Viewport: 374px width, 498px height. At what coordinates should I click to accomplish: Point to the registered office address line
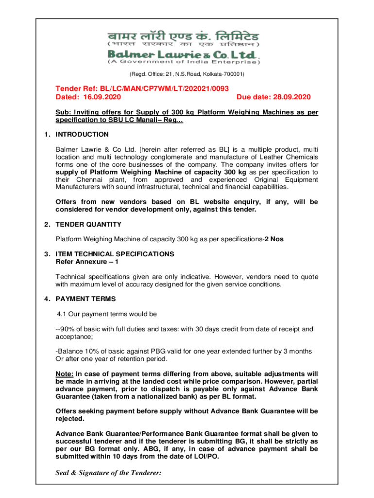tap(187, 74)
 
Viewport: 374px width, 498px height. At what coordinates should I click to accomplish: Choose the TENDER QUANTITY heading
tap(88, 224)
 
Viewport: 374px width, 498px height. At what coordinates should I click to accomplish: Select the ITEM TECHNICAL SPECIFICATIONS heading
tap(115, 254)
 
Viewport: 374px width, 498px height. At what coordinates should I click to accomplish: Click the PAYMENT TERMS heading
tap(85, 299)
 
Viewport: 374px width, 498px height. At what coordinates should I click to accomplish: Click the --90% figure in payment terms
tap(65, 329)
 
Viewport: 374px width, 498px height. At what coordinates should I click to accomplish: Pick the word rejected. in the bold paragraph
tap(70, 418)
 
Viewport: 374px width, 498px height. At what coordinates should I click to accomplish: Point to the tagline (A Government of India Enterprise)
tap(184, 62)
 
